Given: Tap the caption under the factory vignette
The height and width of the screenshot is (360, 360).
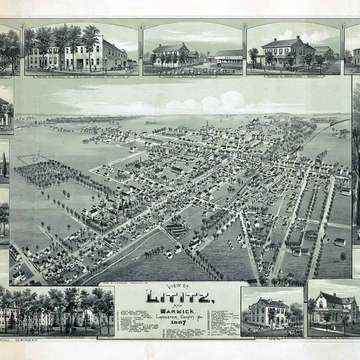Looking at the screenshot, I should [x=81, y=77].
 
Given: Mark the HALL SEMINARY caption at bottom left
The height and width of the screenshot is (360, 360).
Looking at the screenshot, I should [x=18, y=340].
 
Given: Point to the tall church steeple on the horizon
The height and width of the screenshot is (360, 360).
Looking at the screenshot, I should [x=207, y=125].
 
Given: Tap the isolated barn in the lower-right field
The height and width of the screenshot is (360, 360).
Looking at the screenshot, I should [x=340, y=242].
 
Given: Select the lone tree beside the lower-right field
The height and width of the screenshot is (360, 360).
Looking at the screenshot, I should [x=343, y=256].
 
